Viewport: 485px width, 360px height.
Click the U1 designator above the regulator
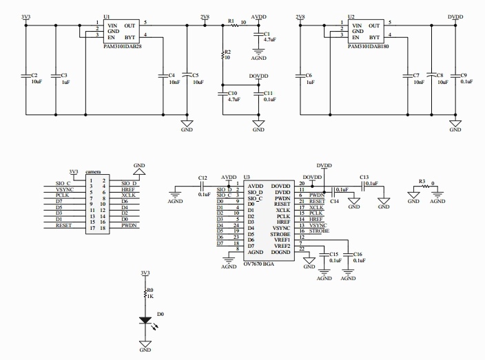tap(106, 16)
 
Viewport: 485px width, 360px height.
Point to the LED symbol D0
tap(145, 321)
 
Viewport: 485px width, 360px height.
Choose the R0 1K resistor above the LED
tap(145, 294)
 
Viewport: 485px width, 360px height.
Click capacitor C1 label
tap(267, 34)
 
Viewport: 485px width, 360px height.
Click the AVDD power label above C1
tap(260, 15)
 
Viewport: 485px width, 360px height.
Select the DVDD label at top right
tap(455, 15)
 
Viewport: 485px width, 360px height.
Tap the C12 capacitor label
tap(203, 178)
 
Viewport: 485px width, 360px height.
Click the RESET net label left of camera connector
tap(64, 225)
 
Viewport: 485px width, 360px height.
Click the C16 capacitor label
tap(358, 255)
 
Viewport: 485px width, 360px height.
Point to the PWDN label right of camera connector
tap(130, 225)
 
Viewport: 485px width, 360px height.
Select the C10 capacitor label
tap(233, 93)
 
